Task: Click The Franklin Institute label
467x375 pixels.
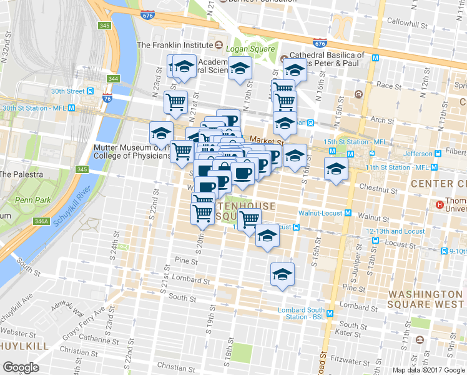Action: tap(175, 45)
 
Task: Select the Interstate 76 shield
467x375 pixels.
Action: tap(107, 98)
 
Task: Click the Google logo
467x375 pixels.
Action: tap(21, 367)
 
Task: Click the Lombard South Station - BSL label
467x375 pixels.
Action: tap(305, 313)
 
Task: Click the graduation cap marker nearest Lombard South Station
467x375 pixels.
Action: tap(282, 275)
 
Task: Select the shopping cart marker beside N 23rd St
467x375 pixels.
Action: tap(176, 102)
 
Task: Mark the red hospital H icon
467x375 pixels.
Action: tap(440, 204)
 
